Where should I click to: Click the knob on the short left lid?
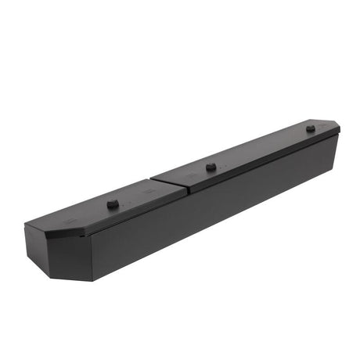[x=113, y=203]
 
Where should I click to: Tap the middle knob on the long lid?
[x=211, y=166]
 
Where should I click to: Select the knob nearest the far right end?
[x=310, y=128]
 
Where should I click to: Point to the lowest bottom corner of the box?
[x=92, y=280]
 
